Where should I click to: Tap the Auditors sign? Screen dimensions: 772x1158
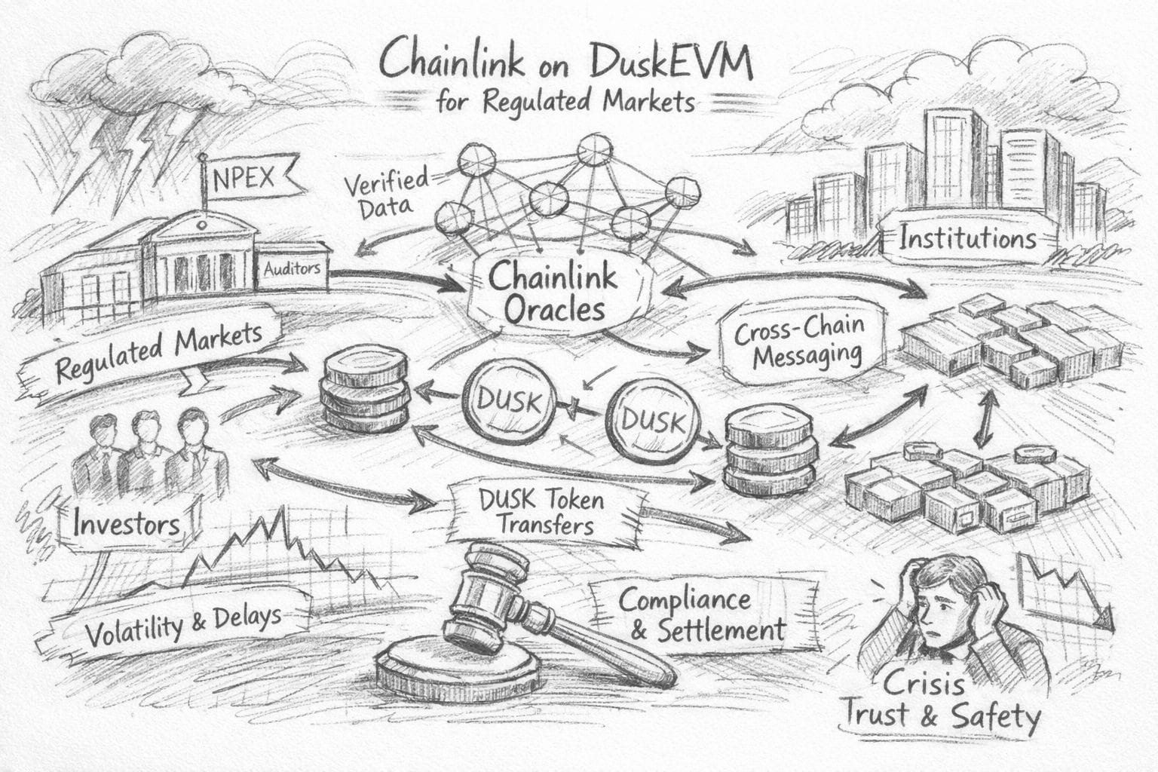(292, 268)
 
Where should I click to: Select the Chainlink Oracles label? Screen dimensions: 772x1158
(553, 293)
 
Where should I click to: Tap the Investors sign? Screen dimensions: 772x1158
(127, 523)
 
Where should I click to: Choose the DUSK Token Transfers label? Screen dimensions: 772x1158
(541, 512)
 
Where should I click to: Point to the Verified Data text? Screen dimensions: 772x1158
(384, 194)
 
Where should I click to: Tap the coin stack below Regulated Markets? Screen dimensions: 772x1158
(365, 389)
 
